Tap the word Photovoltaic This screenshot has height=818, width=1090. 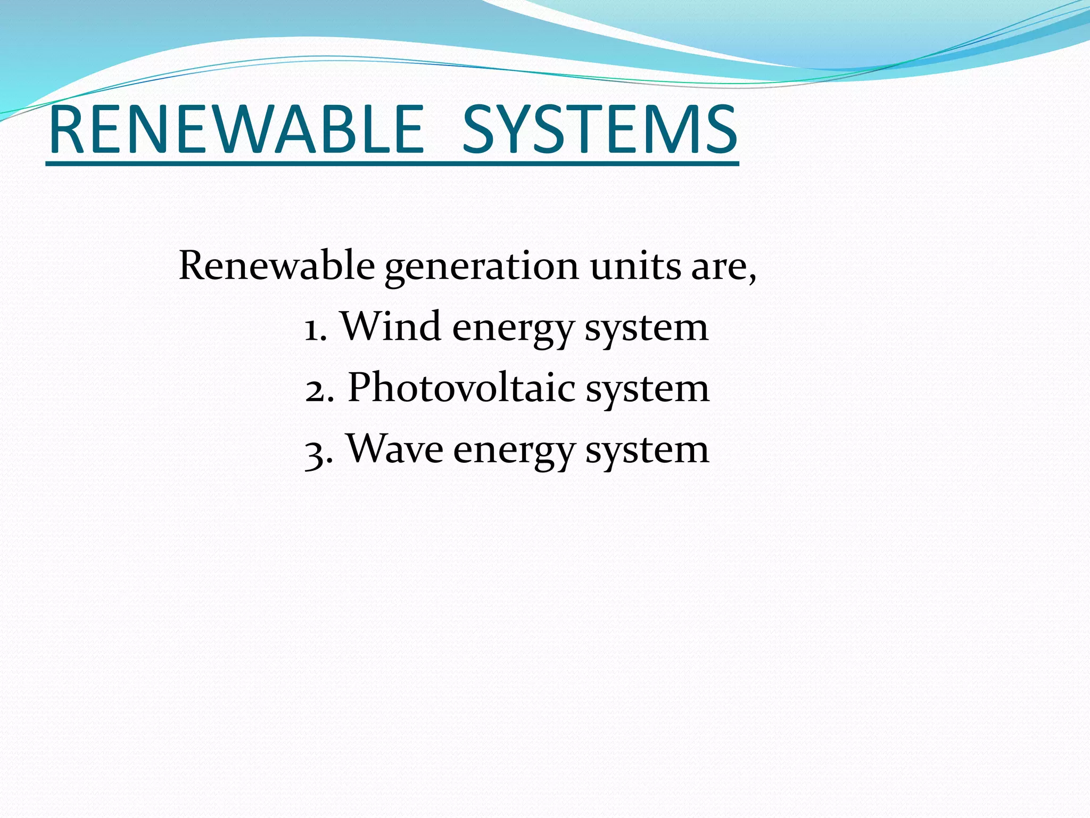click(461, 388)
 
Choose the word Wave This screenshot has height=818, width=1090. click(395, 449)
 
